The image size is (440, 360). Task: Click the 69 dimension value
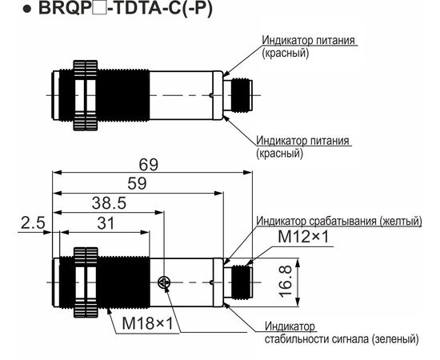coord(149,165)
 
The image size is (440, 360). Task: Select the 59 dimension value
coord(137,184)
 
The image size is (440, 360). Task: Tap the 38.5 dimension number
coord(109,203)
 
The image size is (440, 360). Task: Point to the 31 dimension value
coord(106,224)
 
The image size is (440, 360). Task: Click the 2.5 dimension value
coord(33,223)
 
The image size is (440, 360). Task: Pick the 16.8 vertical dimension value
coord(286,282)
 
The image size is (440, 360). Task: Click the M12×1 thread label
coord(303,237)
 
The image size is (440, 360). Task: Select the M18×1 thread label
coord(148,323)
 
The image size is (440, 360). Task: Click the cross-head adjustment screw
coord(163,282)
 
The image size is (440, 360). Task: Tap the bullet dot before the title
coord(27,9)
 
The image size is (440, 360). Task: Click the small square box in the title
coord(102,9)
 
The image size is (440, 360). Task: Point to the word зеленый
coord(397,339)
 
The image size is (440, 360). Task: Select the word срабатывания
coord(342,221)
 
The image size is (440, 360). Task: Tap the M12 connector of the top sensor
coord(238,95)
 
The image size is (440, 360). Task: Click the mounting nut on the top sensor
coord(86,95)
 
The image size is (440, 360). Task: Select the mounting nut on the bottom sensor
coord(86,282)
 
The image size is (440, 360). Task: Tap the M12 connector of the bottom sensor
coord(238,282)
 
